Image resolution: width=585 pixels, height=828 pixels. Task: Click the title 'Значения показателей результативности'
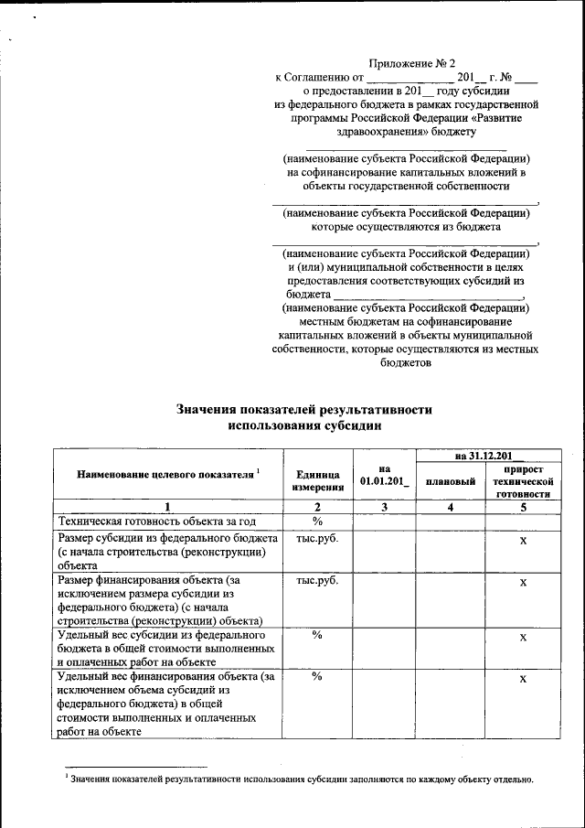coord(303,411)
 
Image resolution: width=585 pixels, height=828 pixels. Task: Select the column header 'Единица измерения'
coord(318,480)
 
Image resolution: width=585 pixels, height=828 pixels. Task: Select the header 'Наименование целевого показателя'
coord(168,474)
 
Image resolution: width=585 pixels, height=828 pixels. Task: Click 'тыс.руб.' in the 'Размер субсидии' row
coord(318,538)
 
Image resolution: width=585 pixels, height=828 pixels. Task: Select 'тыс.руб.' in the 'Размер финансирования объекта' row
coord(318,580)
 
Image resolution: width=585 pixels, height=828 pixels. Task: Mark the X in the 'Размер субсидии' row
coord(523,542)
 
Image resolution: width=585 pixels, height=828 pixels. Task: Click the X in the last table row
coord(523,679)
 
